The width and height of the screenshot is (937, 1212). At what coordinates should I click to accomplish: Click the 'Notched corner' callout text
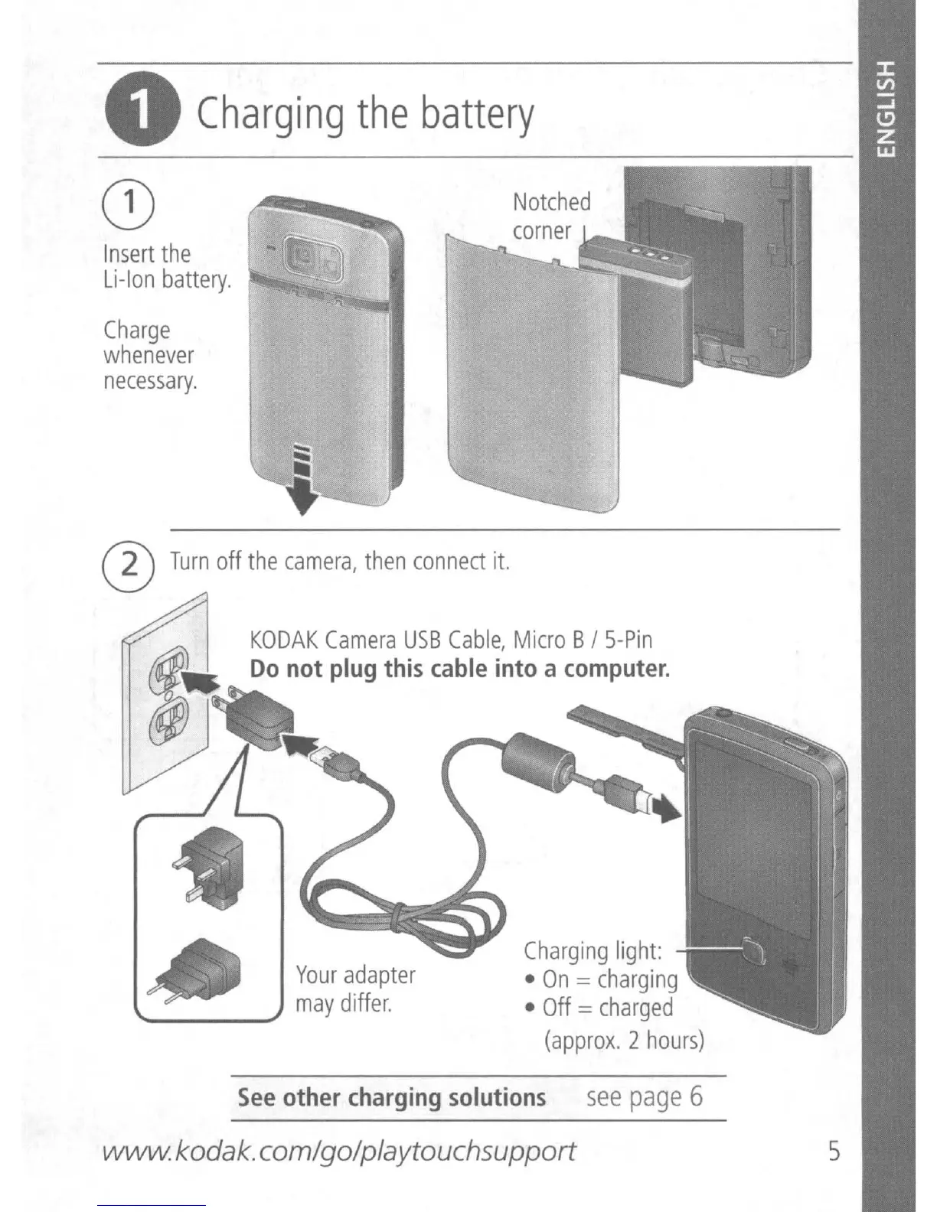point(551,216)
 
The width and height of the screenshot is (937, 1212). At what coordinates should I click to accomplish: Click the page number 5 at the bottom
point(833,1150)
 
